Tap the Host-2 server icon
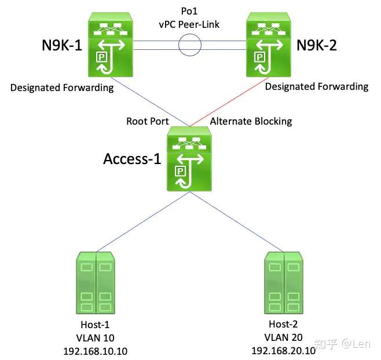point(283,284)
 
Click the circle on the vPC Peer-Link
point(189,45)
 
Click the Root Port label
point(147,121)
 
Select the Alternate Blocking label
point(251,121)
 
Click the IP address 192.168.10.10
point(97,351)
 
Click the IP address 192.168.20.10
point(283,351)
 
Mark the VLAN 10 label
point(97,337)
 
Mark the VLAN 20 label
point(283,337)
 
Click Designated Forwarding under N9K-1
point(62,87)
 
